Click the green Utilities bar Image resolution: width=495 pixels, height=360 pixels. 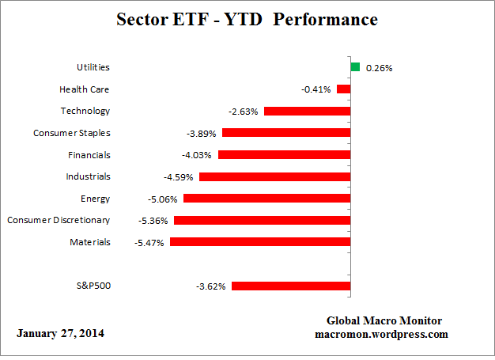[x=355, y=67]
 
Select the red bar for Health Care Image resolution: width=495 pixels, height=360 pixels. [x=343, y=89]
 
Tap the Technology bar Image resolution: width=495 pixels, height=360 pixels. [x=307, y=111]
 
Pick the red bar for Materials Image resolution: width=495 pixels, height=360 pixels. [x=259, y=242]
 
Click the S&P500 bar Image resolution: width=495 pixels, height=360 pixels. [x=290, y=286]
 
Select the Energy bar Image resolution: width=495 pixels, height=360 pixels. [x=266, y=199]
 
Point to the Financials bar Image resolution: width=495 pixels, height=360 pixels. [x=284, y=155]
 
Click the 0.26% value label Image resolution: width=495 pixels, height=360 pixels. [x=380, y=68]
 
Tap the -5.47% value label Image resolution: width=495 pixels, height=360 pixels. [x=149, y=243]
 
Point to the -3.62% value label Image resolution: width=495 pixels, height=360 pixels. [x=211, y=286]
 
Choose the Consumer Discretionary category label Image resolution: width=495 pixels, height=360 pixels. [x=59, y=220]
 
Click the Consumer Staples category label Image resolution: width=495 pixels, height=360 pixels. [x=72, y=133]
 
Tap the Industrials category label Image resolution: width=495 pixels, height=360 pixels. [x=89, y=176]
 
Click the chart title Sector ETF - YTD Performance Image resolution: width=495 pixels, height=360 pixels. [x=247, y=18]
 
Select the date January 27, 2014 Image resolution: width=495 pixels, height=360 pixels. [x=60, y=333]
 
